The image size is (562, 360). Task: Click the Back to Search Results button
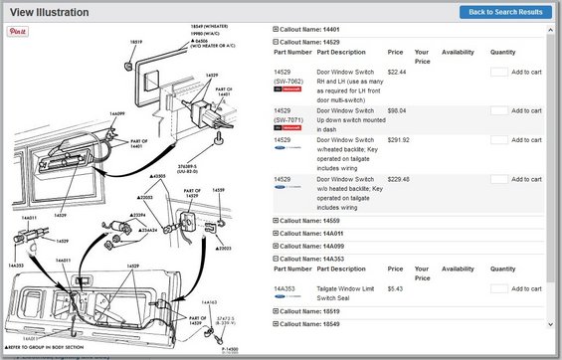tap(505, 12)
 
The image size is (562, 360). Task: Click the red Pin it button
tap(17, 32)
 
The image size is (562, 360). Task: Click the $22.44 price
tap(397, 72)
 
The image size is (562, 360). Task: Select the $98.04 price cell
tap(397, 110)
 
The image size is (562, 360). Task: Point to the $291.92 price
tap(399, 141)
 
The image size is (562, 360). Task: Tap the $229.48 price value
tap(399, 179)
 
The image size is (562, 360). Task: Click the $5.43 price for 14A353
tap(395, 289)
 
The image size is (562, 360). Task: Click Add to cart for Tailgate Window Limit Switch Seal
tap(526, 290)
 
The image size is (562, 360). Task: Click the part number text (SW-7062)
tap(290, 80)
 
